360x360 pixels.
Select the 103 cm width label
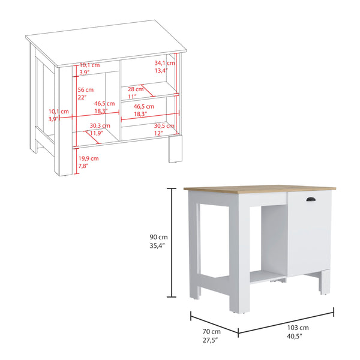(297, 328)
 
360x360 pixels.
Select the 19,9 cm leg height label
(89, 158)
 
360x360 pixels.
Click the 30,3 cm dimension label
(100, 125)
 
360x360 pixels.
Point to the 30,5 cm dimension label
(163, 125)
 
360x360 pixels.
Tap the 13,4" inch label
(162, 70)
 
